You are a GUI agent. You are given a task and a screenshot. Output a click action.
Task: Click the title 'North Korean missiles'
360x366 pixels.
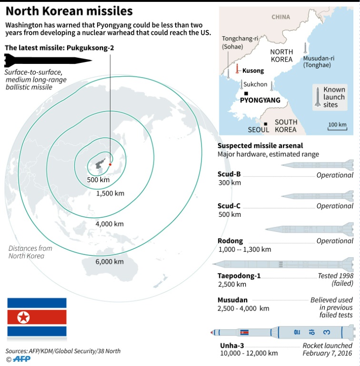pos(69,11)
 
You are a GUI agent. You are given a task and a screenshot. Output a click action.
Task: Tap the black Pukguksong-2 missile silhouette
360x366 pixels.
pos(48,60)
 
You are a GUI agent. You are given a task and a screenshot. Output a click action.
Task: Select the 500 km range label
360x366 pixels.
pos(98,180)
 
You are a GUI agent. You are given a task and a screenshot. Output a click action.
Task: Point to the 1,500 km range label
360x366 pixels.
pos(110,193)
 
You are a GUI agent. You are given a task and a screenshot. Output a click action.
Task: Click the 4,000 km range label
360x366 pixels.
pos(110,224)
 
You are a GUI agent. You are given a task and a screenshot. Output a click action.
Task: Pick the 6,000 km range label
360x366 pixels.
pos(110,262)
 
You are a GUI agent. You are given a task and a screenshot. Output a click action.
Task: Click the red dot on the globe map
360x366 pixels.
pos(110,164)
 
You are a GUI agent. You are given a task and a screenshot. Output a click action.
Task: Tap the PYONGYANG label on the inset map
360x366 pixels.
pos(260,100)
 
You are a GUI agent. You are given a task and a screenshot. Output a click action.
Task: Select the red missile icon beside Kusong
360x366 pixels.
pos(237,69)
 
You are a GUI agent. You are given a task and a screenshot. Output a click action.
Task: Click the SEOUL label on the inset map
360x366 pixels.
pos(259,130)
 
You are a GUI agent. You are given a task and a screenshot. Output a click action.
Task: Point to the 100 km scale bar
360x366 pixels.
pos(338,128)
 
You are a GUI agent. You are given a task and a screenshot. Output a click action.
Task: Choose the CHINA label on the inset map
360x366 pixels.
pos(281,17)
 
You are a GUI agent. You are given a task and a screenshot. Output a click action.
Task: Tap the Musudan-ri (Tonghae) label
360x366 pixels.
pos(319,61)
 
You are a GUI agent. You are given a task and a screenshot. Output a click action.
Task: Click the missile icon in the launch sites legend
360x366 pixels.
pos(318,97)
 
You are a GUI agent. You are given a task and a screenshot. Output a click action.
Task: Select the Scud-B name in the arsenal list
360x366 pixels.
pos(229,174)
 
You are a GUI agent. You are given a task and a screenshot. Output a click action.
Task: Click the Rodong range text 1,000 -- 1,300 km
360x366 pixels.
pos(245,250)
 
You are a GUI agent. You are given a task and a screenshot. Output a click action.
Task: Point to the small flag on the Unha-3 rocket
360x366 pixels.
pos(244,332)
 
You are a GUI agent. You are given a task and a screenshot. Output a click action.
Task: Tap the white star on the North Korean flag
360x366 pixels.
pos(23,317)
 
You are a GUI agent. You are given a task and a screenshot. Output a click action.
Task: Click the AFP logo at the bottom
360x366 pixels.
pos(22,359)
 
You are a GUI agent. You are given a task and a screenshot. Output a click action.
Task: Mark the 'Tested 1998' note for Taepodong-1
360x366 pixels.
pos(336,276)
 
